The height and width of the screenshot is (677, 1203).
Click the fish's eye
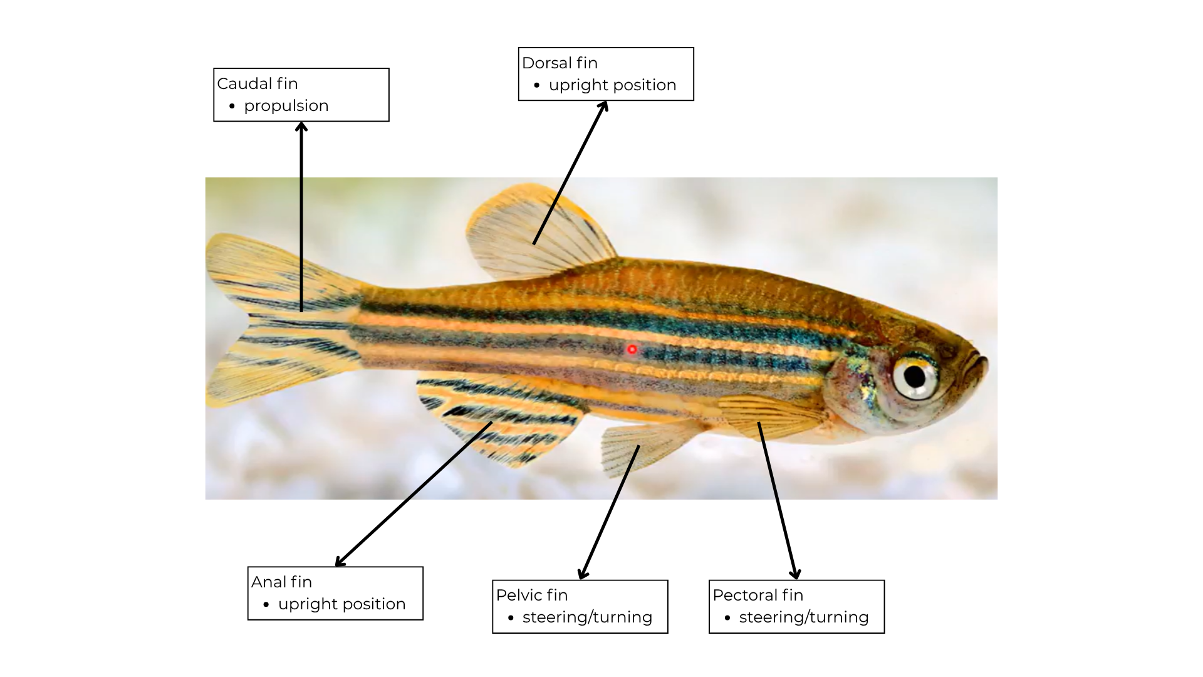pos(914,376)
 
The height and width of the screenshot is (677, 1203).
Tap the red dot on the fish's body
pos(632,349)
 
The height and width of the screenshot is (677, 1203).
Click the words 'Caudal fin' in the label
pos(258,83)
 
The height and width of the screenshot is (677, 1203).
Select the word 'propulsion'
pos(286,105)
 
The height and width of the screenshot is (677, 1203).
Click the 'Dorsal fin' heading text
pos(560,63)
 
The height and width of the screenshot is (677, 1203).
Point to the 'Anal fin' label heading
pos(281,582)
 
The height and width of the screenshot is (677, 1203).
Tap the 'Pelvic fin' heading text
pos(531,595)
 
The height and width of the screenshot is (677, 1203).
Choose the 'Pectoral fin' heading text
pos(758,595)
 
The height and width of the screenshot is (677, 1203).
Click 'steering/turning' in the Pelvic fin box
pos(587,617)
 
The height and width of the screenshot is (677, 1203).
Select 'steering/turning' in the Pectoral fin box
pos(804,617)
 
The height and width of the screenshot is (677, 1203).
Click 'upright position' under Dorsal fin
pos(612,85)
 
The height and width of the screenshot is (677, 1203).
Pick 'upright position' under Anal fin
pos(341,604)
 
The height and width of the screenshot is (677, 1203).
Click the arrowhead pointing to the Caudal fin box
pos(301,127)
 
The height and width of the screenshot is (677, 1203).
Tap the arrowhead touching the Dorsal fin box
pos(604,106)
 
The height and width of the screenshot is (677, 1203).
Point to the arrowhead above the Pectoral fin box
pos(794,574)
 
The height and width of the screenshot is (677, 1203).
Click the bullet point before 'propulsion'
pos(232,106)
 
